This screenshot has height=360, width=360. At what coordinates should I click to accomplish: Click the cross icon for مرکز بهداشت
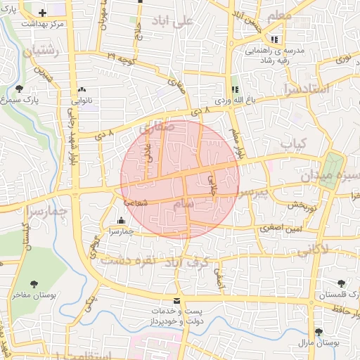[x=42, y=13]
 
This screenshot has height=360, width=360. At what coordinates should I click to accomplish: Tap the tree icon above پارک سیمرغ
[x=18, y=89]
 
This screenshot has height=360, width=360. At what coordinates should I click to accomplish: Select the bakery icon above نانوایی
[x=83, y=89]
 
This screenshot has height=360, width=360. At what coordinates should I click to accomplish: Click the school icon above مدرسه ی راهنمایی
[x=274, y=39]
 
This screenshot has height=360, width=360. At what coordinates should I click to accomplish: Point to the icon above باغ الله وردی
[x=236, y=89]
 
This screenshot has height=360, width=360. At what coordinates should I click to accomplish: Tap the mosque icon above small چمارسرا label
[x=121, y=219]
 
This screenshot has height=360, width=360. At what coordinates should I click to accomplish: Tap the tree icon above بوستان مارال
[x=319, y=331]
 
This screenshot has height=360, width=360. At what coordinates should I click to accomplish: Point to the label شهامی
[x=137, y=202]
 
